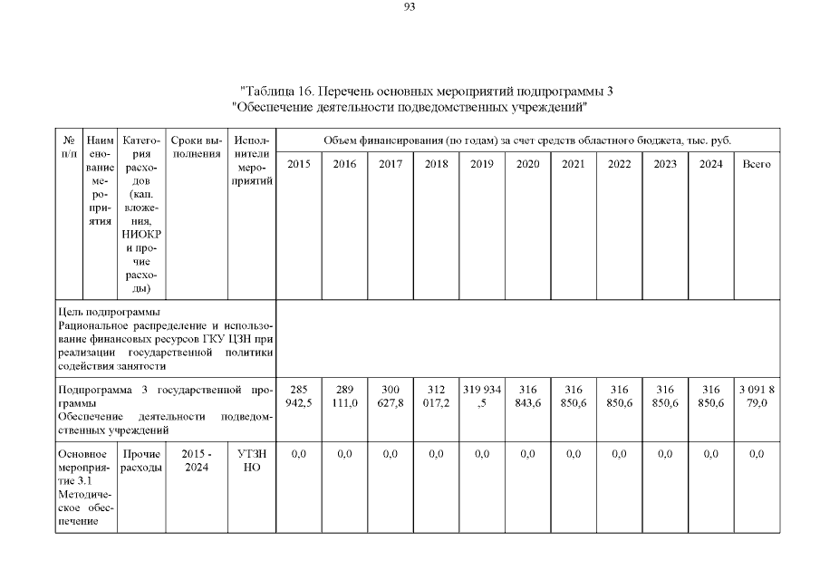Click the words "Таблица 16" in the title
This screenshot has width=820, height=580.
[277, 91]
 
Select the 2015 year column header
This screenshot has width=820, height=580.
[299, 164]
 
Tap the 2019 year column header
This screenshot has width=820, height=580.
[482, 164]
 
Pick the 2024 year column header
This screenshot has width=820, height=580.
[710, 164]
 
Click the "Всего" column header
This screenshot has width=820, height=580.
[757, 164]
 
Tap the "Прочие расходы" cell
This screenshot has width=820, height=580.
[143, 460]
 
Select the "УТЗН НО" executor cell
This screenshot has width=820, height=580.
[251, 460]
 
